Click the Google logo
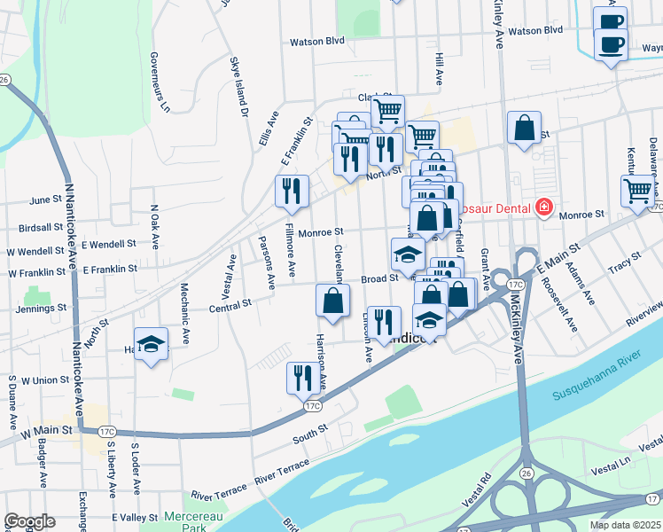(29, 521)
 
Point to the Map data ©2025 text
(625, 525)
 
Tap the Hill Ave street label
(439, 67)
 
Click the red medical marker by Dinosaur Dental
(543, 209)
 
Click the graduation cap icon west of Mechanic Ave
(152, 343)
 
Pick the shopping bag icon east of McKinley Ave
(525, 128)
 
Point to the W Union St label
(45, 380)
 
